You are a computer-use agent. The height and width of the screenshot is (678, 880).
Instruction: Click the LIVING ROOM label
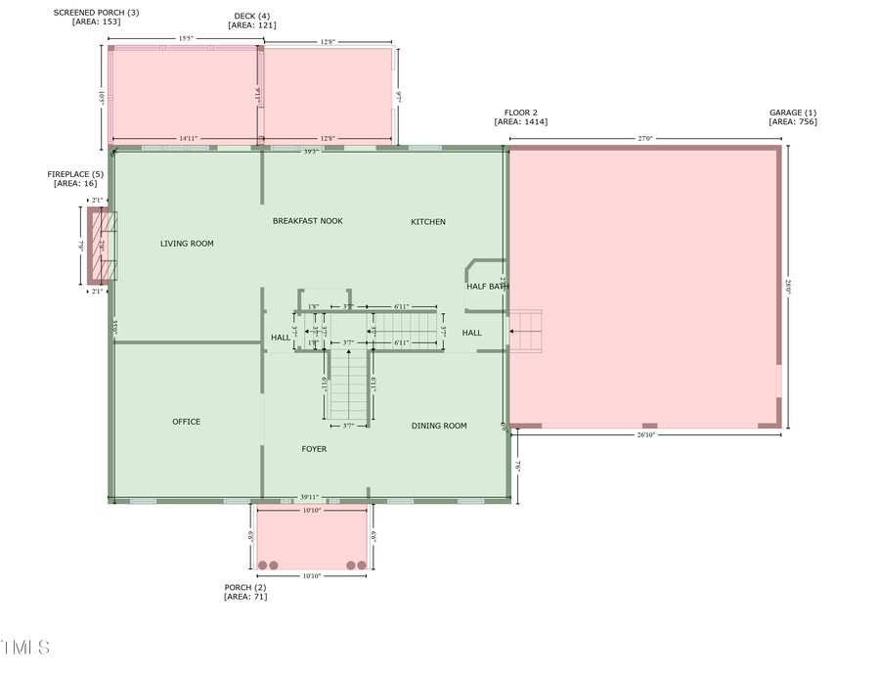[187, 244]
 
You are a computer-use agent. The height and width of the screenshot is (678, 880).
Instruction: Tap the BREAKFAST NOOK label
[307, 221]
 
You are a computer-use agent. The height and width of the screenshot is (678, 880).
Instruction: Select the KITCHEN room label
[427, 222]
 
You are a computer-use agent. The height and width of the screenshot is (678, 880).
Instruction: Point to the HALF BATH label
[487, 286]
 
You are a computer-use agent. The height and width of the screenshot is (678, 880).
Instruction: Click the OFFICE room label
[186, 422]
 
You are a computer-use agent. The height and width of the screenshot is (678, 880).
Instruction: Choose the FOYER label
[314, 449]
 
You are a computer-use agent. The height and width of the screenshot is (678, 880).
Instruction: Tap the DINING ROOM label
[438, 426]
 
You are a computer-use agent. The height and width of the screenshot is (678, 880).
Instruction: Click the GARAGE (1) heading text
[792, 113]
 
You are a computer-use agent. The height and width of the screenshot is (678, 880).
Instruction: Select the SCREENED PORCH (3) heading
[96, 13]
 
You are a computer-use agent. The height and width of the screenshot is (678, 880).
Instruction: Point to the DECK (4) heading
[251, 16]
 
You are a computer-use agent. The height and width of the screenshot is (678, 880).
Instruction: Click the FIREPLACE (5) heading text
[75, 174]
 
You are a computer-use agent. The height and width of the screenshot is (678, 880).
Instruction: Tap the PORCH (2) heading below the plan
[244, 587]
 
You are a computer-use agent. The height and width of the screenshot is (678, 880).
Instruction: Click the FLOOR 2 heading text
[520, 113]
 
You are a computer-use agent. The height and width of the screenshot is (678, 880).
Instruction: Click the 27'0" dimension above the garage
[644, 139]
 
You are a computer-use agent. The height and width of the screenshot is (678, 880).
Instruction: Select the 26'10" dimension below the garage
[644, 434]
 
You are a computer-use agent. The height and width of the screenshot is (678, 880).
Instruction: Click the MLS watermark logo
[25, 648]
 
